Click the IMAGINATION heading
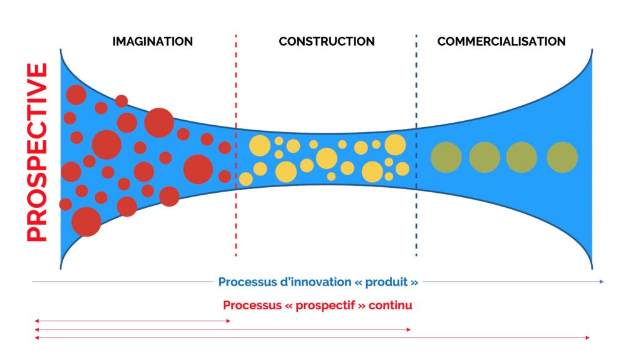[153, 41]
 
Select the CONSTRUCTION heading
[327, 41]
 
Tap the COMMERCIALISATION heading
[501, 41]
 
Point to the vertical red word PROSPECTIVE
[37, 152]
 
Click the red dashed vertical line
[236, 146]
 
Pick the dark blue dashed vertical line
[416, 146]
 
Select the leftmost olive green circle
[446, 157]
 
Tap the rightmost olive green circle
[562, 157]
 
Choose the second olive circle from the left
[485, 157]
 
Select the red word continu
[391, 305]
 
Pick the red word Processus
[247, 306]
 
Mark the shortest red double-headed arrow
[133, 321]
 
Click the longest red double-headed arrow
[312, 338]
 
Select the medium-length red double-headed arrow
[223, 330]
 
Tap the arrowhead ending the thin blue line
[602, 282]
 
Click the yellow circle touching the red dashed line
[245, 179]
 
